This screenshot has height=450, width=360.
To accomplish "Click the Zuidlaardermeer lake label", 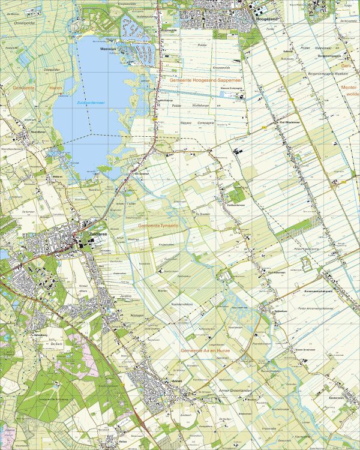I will (x=91, y=103).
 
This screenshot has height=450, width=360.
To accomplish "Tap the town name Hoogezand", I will (x=265, y=19).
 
